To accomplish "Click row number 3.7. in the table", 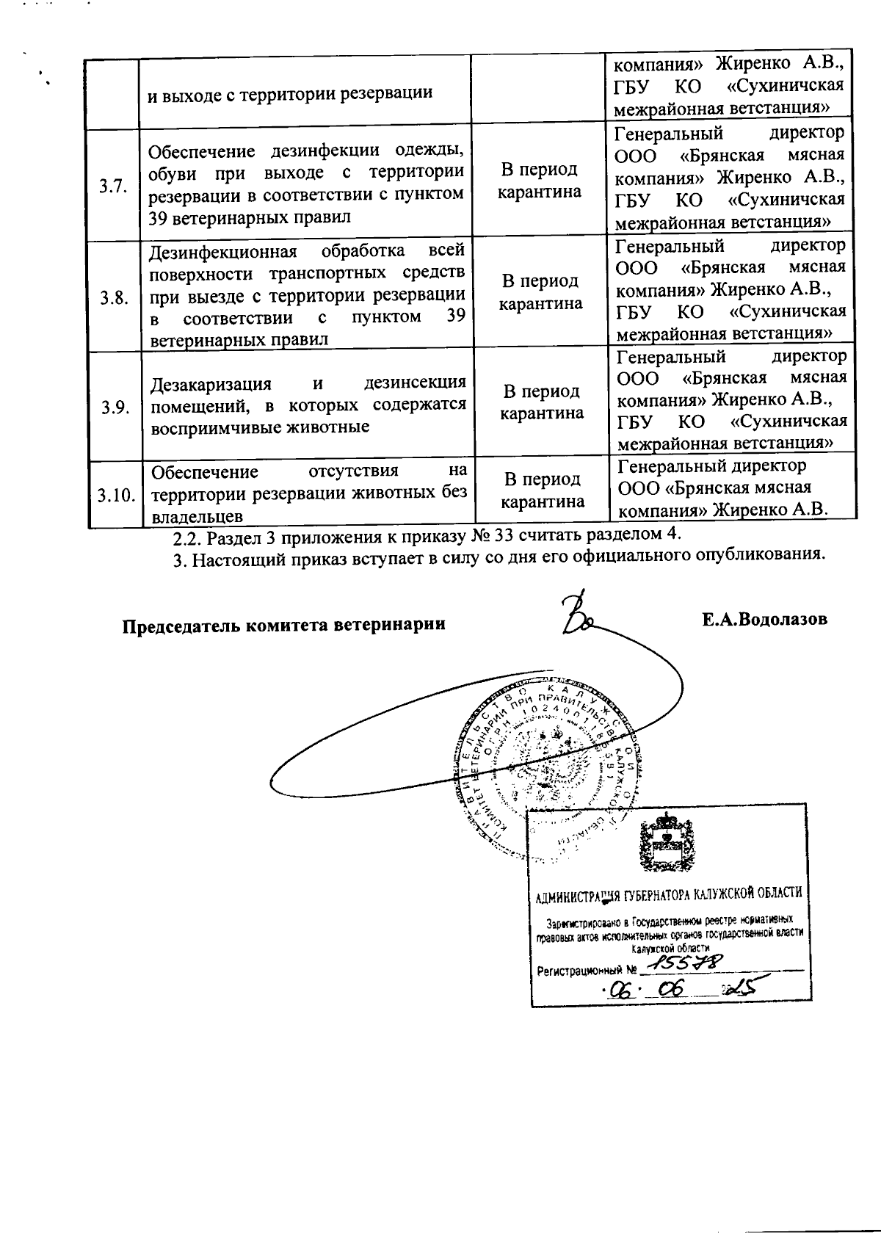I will (x=113, y=186).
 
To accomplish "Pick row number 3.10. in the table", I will (x=116, y=496).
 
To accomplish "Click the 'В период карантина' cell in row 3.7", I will (x=540, y=181).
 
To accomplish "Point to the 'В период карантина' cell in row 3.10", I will (x=543, y=490).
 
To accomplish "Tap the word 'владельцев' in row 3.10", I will (x=197, y=517).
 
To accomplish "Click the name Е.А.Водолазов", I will (x=764, y=619).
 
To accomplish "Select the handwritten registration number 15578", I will (x=687, y=963).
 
